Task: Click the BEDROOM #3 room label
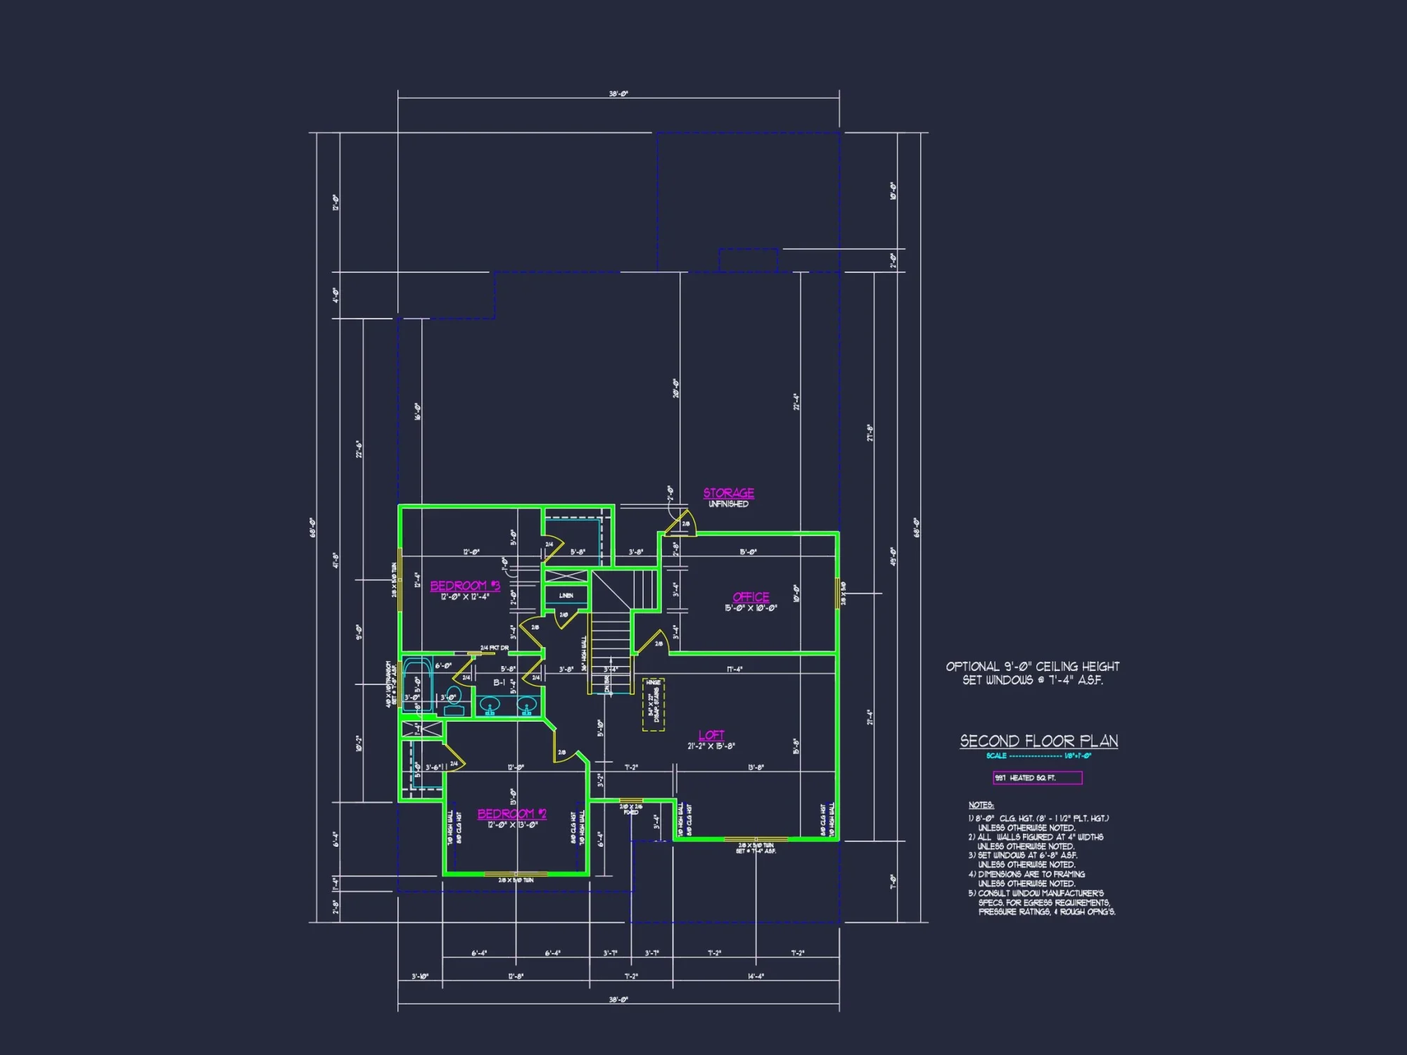coord(465,586)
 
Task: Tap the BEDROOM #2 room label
coord(512,814)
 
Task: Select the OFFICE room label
coord(751,597)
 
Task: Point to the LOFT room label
coord(711,735)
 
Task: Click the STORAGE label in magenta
coord(729,493)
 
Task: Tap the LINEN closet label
coord(566,596)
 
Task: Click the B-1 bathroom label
coord(499,683)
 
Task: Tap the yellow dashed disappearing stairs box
coord(654,704)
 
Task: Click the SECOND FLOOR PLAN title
coord(1039,741)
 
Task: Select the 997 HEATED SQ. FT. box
coord(1037,778)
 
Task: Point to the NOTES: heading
coord(981,805)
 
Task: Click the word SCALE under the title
coord(996,756)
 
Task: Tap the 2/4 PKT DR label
coord(495,648)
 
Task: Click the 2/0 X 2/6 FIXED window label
coord(631,809)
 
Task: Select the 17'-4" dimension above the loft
coord(734,670)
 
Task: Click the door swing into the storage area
coord(682,523)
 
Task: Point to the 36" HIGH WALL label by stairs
coord(583,653)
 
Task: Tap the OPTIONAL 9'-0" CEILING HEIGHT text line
coord(1032,666)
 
